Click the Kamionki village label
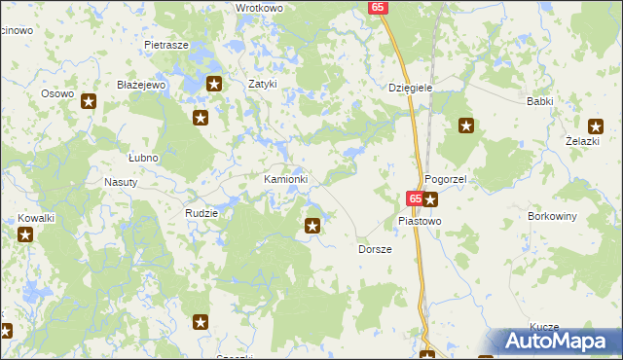(286, 180)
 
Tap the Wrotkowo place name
(259, 8)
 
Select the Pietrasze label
(165, 45)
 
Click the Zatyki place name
(263, 85)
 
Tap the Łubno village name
(143, 157)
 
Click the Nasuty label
(120, 182)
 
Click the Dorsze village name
(375, 249)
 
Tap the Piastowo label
(420, 221)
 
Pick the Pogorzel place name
(447, 181)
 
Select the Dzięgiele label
(410, 88)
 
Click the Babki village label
(539, 101)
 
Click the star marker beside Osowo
(89, 101)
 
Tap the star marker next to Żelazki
(596, 125)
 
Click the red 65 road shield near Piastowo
(414, 198)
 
